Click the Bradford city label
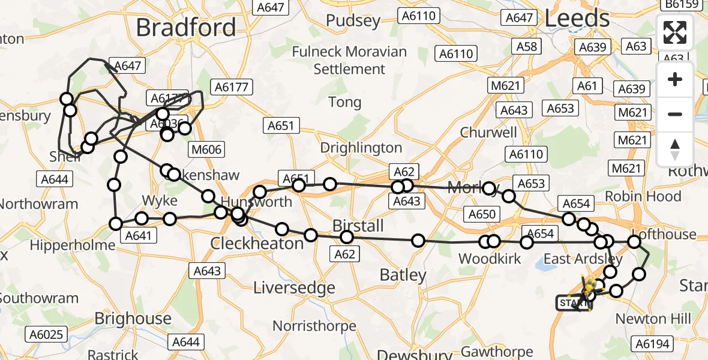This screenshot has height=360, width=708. pos(186,28)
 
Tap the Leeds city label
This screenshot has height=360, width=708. pos(577,19)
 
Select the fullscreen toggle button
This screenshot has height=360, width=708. pos(675,32)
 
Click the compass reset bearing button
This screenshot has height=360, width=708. pos(675,149)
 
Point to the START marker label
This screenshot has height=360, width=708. pos(573,304)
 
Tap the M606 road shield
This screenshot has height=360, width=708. pos(205,149)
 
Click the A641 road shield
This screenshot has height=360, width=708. pos(138,235)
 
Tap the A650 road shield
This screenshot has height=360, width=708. pos(482,214)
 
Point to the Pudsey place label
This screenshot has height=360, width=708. pos(353,21)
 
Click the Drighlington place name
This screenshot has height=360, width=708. pos(361,148)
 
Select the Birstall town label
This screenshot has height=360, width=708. pos(358,226)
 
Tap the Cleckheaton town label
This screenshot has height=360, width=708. pos(257,244)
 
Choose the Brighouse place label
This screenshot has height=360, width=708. pos(133,318)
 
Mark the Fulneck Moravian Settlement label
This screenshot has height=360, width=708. pos(349,60)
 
